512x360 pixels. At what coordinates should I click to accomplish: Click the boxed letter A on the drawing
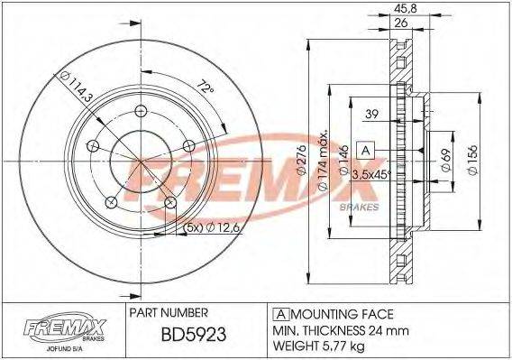click(366, 149)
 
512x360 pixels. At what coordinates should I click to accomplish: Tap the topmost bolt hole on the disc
click(142, 111)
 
